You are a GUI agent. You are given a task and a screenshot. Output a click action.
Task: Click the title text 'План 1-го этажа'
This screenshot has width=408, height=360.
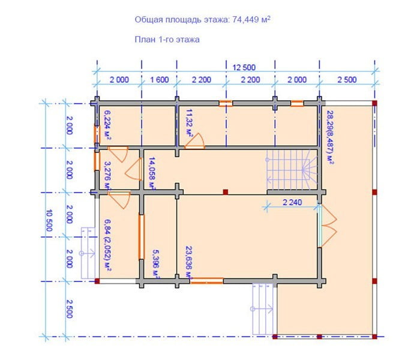167,40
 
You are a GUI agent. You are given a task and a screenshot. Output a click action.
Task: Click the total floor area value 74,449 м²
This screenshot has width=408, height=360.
251,20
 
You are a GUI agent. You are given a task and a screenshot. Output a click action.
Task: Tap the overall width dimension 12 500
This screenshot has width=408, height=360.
244,68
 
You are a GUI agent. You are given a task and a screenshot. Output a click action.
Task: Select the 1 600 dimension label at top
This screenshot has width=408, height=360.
160,80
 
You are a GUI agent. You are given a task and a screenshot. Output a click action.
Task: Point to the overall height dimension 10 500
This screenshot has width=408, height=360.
49,221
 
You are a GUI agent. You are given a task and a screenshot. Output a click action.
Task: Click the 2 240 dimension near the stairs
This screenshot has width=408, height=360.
292,202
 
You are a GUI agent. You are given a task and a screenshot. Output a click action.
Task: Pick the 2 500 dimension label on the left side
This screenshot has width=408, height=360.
69,309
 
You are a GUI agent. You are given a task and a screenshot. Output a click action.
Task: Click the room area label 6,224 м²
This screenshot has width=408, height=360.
107,125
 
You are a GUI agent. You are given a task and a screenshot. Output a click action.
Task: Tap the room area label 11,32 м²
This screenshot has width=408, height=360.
190,122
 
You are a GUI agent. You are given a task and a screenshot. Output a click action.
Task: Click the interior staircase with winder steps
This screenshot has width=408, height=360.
292,170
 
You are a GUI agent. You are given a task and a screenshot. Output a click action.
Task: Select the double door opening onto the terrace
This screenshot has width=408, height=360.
327,226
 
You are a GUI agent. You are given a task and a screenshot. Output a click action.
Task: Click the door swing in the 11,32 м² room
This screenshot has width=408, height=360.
195,141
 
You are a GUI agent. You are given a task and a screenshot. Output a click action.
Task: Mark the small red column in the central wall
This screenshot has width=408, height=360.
226,192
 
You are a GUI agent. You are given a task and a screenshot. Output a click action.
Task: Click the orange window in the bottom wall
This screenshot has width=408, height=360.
207,281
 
